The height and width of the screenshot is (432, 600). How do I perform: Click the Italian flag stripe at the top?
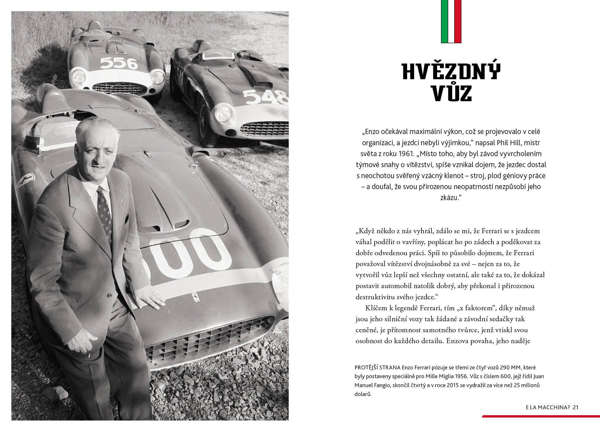coord(451,21)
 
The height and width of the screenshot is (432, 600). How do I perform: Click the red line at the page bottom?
coord(540,416)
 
